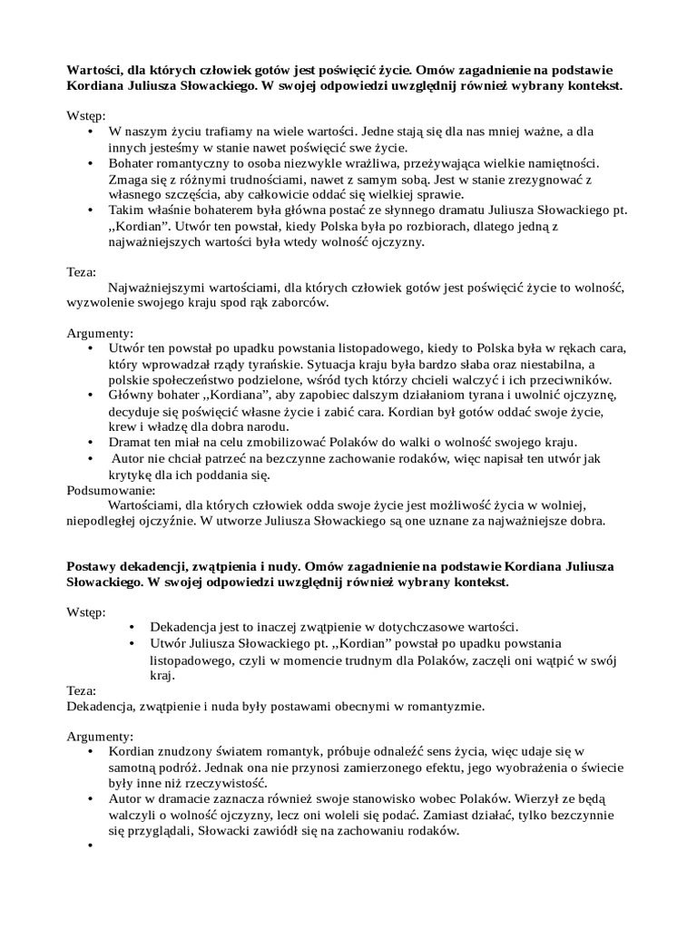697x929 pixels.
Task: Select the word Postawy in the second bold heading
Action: click(95, 566)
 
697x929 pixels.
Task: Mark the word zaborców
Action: click(294, 303)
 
